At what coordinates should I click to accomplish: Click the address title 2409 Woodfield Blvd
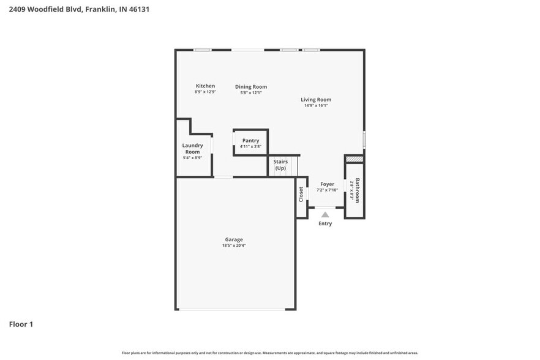79,9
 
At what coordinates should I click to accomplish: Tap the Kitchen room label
205,86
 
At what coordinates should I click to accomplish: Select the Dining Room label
251,87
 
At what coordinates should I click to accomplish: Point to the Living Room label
316,100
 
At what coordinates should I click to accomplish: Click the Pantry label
250,141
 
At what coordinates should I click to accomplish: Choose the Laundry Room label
192,149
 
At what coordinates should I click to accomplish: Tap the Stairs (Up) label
280,165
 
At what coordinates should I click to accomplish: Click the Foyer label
327,184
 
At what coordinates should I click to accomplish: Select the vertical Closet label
301,195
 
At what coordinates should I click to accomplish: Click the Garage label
234,239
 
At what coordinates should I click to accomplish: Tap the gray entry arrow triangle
325,214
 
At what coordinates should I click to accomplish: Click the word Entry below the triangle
325,223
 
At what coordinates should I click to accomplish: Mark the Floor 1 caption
21,324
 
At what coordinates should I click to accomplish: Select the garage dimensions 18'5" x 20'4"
234,246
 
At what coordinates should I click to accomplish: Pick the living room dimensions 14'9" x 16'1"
316,105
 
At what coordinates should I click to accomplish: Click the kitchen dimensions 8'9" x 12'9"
205,92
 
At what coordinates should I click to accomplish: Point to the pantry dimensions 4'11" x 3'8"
250,146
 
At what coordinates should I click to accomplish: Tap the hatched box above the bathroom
354,159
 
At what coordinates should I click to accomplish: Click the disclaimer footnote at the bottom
270,353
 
